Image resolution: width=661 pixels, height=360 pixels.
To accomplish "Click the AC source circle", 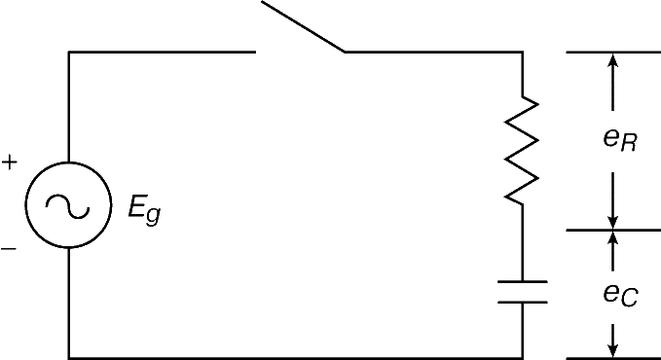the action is (69, 162).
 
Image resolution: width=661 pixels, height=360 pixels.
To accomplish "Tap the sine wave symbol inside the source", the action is (67, 206).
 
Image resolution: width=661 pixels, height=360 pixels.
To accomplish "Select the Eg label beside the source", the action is (145, 211).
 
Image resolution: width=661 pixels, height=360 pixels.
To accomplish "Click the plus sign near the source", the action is (10, 162).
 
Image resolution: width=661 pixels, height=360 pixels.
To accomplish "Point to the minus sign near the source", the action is (9, 249).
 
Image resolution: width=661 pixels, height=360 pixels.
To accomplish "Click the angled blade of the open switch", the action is (304, 26).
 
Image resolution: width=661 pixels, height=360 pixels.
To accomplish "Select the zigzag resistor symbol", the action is (523, 151).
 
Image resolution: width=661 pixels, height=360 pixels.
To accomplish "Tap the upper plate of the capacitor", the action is (523, 281).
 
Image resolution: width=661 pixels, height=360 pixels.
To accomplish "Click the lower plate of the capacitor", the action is (523, 302).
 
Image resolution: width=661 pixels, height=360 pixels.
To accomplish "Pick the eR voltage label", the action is (620, 139).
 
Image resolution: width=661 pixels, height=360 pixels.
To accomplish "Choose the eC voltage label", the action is (620, 294).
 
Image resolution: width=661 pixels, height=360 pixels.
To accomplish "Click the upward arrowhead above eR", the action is (613, 60).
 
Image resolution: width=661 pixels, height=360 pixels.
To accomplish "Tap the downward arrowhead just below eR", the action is (613, 223).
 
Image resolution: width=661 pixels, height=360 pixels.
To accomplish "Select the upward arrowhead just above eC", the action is (613, 238).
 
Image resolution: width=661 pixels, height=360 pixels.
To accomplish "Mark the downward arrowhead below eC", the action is (613, 350).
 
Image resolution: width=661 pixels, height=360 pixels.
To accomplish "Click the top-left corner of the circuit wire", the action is (69, 53).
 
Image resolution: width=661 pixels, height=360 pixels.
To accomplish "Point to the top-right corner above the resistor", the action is (523, 53).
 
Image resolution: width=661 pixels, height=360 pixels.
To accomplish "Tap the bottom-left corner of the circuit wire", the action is (69, 358).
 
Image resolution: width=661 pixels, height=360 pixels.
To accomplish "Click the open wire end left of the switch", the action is (255, 53).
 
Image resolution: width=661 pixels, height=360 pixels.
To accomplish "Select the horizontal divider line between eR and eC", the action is (613, 231).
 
